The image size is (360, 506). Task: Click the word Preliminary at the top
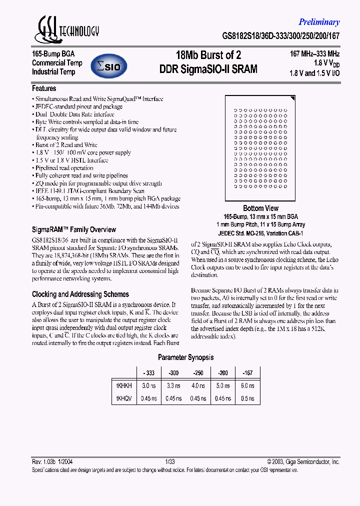[x=319, y=22]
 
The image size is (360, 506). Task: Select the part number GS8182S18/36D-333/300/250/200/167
[x=281, y=36]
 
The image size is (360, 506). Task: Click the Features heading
[x=44, y=88]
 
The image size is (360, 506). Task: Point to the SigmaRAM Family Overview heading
[x=74, y=229]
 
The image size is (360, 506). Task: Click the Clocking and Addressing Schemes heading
[x=80, y=294]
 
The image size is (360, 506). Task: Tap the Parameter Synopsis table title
[x=186, y=357]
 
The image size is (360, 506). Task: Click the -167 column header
[x=247, y=373]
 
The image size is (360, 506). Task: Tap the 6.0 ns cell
[x=247, y=386]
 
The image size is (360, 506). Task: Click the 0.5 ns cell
[x=247, y=398]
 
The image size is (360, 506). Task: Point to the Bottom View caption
[x=260, y=208]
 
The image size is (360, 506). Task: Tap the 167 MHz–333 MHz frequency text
[x=315, y=53]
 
